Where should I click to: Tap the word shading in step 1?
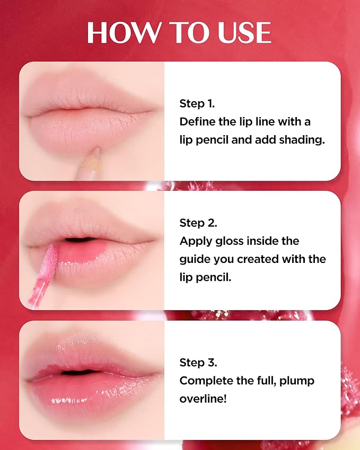click(301, 140)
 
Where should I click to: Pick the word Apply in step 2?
click(195, 241)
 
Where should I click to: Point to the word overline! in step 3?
click(203, 398)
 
